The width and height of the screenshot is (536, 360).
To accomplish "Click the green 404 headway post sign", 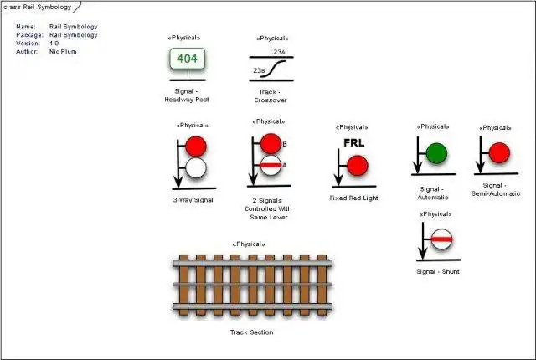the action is (x=188, y=59).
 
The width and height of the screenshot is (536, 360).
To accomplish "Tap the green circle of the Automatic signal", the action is (x=436, y=153).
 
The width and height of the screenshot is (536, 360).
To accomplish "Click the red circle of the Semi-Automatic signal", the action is (x=499, y=152).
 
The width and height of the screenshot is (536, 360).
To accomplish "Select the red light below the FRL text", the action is (x=358, y=166).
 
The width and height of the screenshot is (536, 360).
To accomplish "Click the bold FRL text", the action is (x=353, y=143).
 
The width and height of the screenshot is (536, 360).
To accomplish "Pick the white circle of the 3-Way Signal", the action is (x=196, y=167).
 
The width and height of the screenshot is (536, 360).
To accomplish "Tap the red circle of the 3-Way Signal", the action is (x=196, y=147).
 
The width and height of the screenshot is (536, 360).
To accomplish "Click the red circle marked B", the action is (x=271, y=144).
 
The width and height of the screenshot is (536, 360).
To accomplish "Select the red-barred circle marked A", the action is (x=271, y=165).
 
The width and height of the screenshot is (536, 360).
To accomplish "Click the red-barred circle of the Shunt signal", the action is (x=441, y=239).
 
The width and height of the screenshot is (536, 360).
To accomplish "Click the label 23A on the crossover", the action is (x=279, y=52).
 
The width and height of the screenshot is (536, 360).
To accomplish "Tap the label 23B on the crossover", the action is (x=259, y=70).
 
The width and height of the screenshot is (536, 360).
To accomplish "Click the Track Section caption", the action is (x=251, y=332).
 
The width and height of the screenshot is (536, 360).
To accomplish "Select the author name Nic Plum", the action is (x=63, y=52).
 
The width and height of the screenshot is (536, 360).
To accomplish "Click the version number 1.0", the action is (x=54, y=44).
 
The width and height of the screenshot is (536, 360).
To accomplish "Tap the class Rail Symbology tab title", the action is (x=37, y=7).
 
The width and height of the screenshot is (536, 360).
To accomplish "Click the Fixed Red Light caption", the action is (x=353, y=198).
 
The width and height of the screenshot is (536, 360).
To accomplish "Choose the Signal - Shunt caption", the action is (x=438, y=271).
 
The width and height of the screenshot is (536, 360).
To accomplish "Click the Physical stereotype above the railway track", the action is (x=249, y=244).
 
